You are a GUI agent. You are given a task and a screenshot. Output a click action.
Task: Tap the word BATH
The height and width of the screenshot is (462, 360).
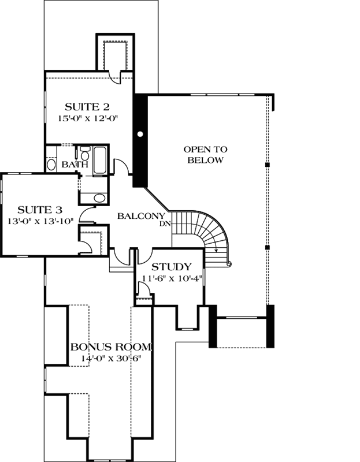click(75, 165)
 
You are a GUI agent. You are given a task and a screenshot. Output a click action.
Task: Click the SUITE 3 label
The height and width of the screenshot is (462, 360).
click(39, 209)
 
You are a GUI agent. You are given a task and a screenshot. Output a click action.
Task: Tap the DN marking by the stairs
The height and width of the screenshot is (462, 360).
click(164, 225)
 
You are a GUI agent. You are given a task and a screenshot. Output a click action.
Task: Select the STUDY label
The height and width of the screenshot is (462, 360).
click(171, 267)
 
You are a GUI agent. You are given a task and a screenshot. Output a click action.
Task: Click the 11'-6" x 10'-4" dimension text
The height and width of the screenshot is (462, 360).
click(171, 278)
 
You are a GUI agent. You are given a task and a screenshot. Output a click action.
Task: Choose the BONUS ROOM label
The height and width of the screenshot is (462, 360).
click(111, 347)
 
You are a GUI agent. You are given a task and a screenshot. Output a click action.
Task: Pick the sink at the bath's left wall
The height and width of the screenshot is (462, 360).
click(51, 164)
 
